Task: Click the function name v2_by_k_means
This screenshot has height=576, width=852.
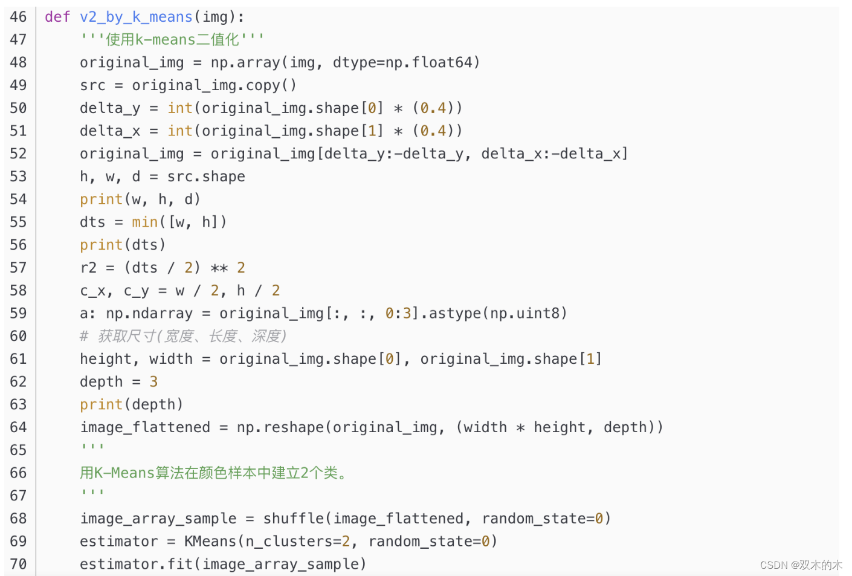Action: (x=136, y=17)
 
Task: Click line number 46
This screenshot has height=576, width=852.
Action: (x=18, y=17)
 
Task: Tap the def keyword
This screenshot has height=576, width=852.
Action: (x=57, y=17)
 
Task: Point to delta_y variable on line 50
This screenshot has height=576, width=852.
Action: (x=110, y=108)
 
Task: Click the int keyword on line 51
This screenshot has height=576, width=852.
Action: (x=180, y=131)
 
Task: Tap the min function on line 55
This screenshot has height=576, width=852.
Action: (x=145, y=222)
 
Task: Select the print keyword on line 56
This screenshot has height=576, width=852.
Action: (x=101, y=245)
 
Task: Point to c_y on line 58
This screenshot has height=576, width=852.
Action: (x=136, y=291)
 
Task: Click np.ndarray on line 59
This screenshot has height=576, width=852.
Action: (x=149, y=314)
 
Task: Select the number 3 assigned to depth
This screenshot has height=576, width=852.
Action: (x=153, y=382)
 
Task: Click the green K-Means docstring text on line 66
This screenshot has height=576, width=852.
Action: (x=215, y=473)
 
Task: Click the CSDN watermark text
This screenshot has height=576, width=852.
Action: (x=801, y=565)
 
